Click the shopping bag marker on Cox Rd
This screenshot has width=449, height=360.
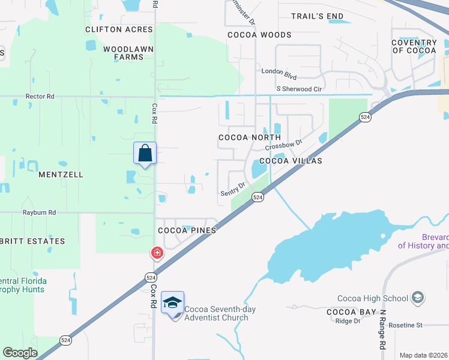[145, 153]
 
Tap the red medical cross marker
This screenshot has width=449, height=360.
[157, 253]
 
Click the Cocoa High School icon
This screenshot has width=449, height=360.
[418, 298]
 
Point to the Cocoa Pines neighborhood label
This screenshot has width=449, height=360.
[186, 230]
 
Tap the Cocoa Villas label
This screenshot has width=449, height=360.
[291, 161]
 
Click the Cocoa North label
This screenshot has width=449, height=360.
[249, 137]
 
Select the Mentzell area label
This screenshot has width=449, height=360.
[61, 175]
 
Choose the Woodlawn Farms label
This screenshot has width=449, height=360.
[128, 53]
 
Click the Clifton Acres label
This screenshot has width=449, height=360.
[119, 29]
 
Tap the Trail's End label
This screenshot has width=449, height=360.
[317, 16]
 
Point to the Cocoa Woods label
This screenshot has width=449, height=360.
[259, 35]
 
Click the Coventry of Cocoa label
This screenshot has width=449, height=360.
[414, 46]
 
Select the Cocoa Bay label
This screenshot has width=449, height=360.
[351, 312]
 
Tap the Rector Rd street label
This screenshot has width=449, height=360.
[40, 96]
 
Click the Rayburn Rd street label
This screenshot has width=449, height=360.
[39, 212]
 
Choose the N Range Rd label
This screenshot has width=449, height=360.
[381, 331]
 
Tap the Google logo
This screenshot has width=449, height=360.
[20, 353]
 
